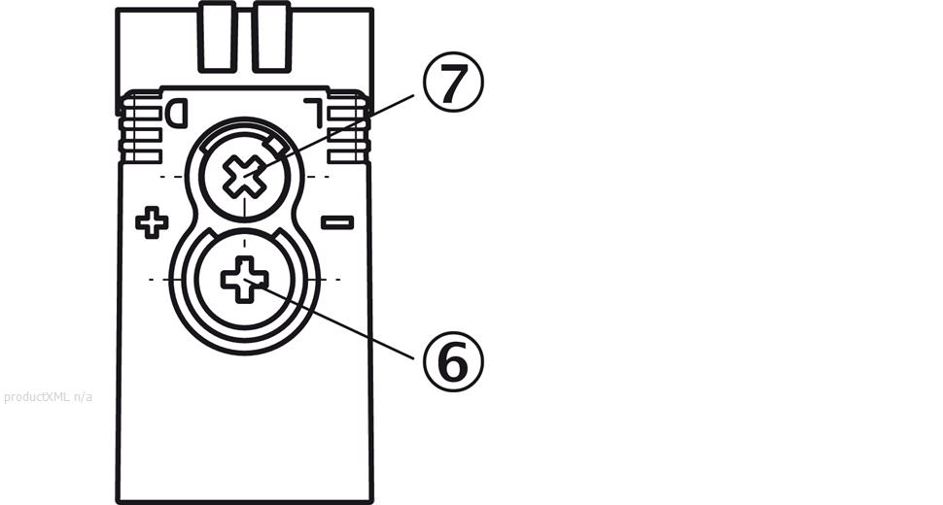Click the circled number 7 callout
[453, 85]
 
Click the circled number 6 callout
[453, 361]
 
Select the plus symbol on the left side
[152, 222]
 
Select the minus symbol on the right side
[336, 222]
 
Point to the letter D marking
[176, 114]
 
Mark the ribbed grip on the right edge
[347, 131]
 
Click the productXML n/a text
[49, 396]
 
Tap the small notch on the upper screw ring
[278, 147]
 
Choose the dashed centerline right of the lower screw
[325, 279]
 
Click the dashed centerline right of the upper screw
[317, 177]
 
